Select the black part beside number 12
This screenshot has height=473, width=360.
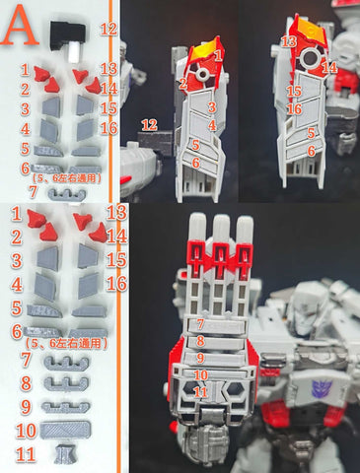(68, 34)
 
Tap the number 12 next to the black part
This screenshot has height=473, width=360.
(108, 30)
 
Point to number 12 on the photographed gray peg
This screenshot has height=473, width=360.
(150, 124)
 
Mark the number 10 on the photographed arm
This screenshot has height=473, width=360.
(201, 375)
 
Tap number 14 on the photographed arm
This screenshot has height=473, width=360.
(328, 67)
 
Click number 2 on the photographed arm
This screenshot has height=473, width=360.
(184, 85)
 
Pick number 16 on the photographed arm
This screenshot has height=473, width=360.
(293, 108)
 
